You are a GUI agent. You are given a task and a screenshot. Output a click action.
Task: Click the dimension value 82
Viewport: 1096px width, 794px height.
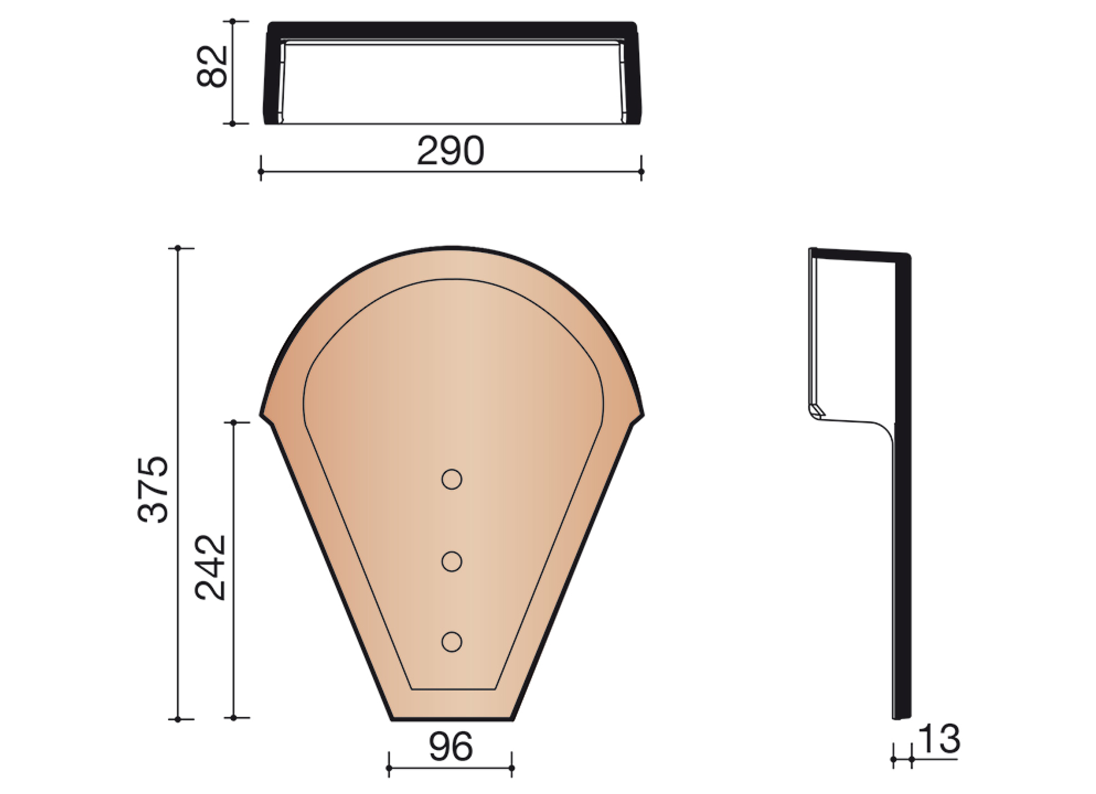(x=213, y=67)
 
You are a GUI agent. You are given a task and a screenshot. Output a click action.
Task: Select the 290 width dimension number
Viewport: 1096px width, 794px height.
(x=451, y=151)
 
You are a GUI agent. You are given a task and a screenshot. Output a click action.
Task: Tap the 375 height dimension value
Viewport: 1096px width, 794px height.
(x=153, y=489)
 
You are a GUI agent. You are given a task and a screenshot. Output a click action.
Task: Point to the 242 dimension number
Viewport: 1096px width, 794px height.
(x=210, y=567)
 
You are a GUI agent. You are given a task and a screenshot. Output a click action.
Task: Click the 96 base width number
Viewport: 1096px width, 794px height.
(x=450, y=746)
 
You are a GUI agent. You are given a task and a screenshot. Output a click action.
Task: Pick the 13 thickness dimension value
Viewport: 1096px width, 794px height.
(x=938, y=739)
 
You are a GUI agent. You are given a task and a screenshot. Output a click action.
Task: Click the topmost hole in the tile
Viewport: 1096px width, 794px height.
(x=451, y=479)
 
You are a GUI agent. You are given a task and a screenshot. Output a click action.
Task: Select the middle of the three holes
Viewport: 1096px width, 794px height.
(x=451, y=561)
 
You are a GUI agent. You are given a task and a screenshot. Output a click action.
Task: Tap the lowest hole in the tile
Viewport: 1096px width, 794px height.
(x=451, y=642)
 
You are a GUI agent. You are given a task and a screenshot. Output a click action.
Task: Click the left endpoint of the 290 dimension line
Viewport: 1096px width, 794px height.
(x=261, y=172)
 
